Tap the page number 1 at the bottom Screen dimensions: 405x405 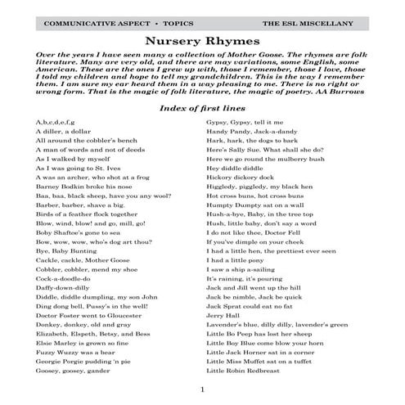(x=202, y=388)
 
